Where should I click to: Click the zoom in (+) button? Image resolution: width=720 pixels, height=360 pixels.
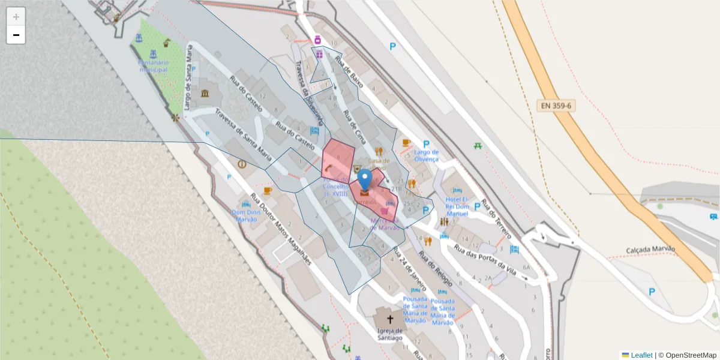(16, 17)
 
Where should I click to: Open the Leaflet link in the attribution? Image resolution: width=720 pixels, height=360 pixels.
(641, 355)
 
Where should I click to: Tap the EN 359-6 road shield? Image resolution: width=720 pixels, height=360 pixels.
(556, 106)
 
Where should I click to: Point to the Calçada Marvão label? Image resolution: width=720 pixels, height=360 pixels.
(650, 250)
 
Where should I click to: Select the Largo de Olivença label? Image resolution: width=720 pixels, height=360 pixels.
(427, 155)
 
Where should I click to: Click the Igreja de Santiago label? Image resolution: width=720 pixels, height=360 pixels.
(390, 334)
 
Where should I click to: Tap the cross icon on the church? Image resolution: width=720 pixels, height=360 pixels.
(390, 319)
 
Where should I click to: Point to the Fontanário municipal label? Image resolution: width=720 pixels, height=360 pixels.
(154, 66)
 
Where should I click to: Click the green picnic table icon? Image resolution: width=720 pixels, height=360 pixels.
(478, 145)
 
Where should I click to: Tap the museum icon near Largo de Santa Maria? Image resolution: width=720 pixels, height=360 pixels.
(206, 94)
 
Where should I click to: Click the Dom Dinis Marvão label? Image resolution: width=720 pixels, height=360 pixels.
(245, 215)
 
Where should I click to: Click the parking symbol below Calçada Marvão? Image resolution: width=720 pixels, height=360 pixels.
(652, 292)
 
